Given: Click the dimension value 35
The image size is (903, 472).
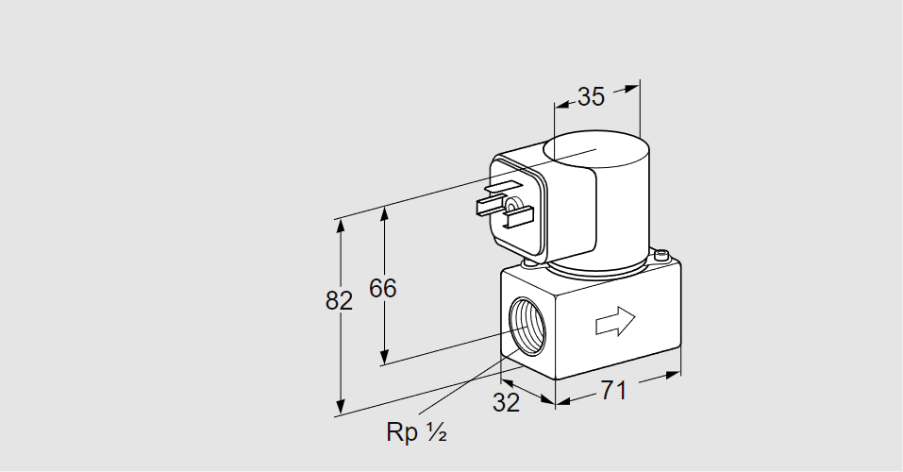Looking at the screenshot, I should click(x=591, y=96).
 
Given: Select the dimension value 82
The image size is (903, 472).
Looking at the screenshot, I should click(x=338, y=300).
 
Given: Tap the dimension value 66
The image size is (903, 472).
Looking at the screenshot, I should click(x=382, y=288).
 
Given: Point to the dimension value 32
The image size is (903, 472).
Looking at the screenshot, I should click(x=507, y=402).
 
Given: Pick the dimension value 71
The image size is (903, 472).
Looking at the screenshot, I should click(x=613, y=390).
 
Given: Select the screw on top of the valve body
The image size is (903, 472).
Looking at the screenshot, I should click(x=662, y=254).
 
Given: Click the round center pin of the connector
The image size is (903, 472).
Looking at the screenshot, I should click(x=511, y=205).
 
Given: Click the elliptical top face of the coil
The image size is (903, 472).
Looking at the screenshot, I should click(x=597, y=147).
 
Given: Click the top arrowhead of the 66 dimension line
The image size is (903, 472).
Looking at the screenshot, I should click(x=384, y=211).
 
